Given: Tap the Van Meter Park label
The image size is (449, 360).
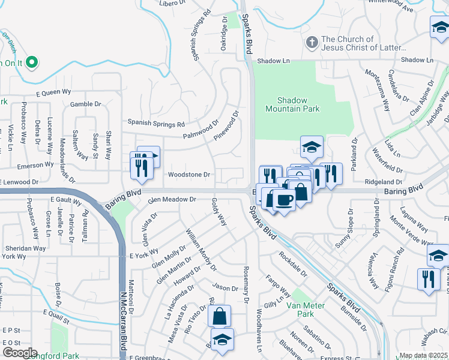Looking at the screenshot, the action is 301,310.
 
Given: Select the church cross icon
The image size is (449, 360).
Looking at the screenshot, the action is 311,43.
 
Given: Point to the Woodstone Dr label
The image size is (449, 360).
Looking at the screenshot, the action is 188,175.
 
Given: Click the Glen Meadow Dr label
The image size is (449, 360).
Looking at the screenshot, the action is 172,199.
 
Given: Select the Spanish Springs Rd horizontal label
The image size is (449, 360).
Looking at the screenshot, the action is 155,124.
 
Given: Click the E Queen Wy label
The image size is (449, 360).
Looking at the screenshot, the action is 53,93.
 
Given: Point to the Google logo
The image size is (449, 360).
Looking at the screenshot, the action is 19,353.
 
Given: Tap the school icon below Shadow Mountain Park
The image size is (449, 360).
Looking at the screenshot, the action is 312,146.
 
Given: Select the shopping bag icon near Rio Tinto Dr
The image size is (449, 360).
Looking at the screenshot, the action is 220,314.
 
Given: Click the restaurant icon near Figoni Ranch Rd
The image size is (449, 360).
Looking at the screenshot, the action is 428,278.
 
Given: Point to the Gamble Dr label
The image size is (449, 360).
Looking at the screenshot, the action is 85,104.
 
